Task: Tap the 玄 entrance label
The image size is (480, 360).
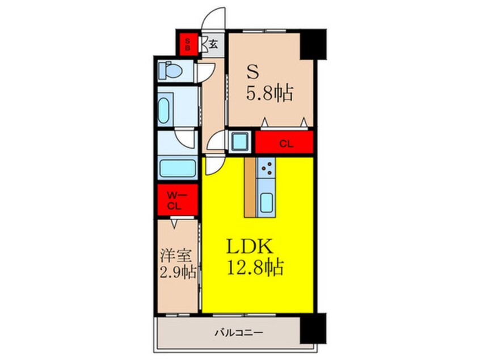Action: (x=212, y=44)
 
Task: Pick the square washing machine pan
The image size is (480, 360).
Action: (x=241, y=140)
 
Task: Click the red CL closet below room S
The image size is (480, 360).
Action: (x=285, y=143)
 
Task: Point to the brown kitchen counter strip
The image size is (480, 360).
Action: (x=250, y=187)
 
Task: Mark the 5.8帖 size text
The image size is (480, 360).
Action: (x=270, y=92)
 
